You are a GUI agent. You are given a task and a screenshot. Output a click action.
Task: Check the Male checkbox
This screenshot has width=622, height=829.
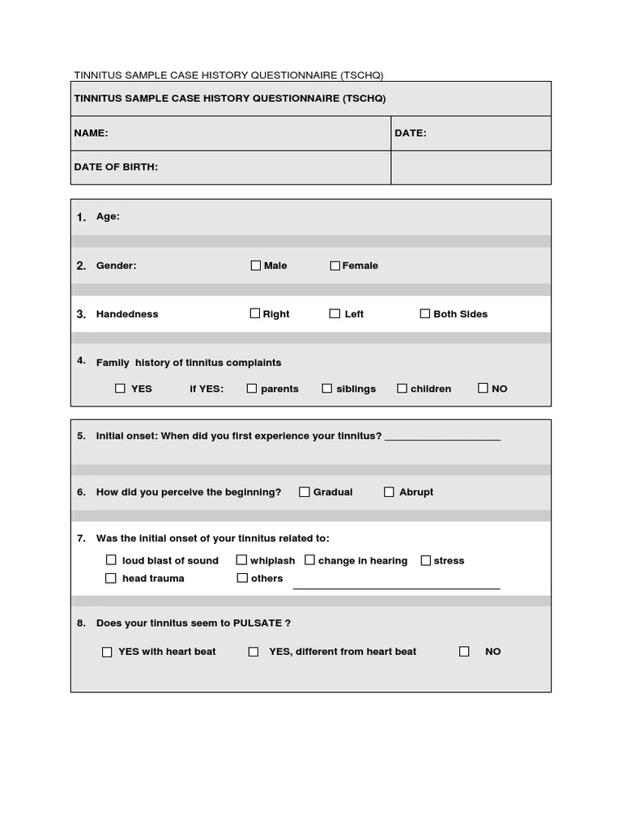[256, 266]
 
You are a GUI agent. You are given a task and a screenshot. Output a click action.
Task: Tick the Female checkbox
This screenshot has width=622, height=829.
[334, 266]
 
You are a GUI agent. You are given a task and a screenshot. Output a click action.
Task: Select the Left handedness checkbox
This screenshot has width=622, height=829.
[334, 313]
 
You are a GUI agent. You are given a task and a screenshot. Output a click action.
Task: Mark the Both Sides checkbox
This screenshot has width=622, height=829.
[425, 313]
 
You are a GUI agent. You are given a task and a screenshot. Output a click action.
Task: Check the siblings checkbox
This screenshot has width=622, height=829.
[327, 389]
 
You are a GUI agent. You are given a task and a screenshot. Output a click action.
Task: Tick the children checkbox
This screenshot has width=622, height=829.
[402, 389]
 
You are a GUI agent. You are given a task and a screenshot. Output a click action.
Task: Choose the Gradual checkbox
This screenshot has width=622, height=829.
[305, 491]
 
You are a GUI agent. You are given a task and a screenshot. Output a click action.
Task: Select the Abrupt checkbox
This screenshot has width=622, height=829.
[389, 491]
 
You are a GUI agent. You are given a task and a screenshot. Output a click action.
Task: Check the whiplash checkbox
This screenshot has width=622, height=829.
[241, 559]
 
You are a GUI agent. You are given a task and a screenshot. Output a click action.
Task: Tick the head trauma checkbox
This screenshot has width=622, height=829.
[111, 578]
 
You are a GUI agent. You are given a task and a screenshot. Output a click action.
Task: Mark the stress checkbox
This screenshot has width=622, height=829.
[425, 559]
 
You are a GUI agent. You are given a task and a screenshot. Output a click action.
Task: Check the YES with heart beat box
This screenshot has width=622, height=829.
[107, 652]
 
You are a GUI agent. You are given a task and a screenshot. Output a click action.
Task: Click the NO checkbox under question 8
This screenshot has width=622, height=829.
[464, 651]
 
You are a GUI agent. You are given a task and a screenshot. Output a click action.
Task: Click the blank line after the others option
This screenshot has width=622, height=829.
[396, 586]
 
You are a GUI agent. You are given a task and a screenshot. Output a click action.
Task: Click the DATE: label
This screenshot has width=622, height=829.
[411, 133]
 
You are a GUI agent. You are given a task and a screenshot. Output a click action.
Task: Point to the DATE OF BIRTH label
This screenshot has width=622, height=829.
[116, 167]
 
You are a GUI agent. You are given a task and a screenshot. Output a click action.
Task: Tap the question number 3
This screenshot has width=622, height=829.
[81, 314]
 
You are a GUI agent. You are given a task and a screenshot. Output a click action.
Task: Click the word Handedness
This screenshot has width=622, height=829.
[127, 314]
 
